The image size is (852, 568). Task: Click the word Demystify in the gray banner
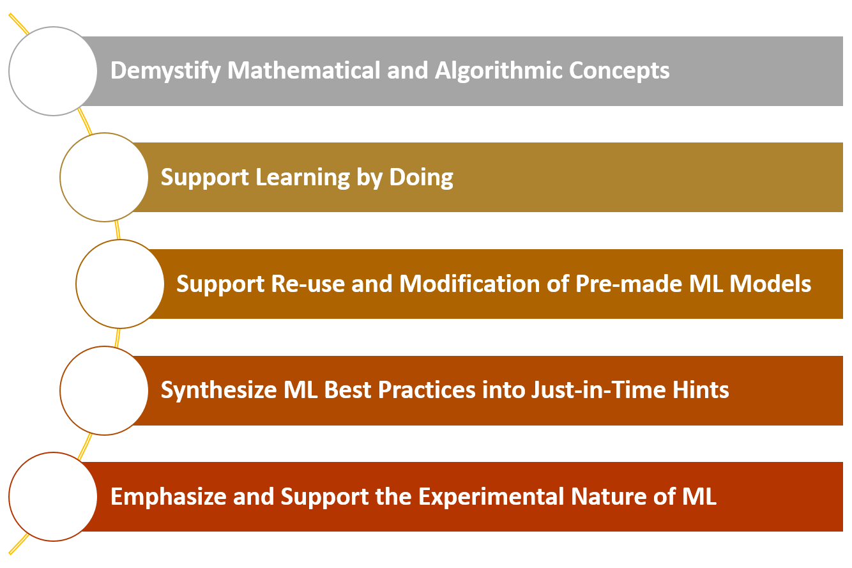165,71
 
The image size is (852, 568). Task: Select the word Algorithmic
498,71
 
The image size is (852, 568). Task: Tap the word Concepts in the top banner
620,70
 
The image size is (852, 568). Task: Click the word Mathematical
303,70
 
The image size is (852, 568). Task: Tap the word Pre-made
628,284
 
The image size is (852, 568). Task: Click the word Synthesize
218,391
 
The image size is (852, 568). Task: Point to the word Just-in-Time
598,390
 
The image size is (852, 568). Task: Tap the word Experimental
491,497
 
